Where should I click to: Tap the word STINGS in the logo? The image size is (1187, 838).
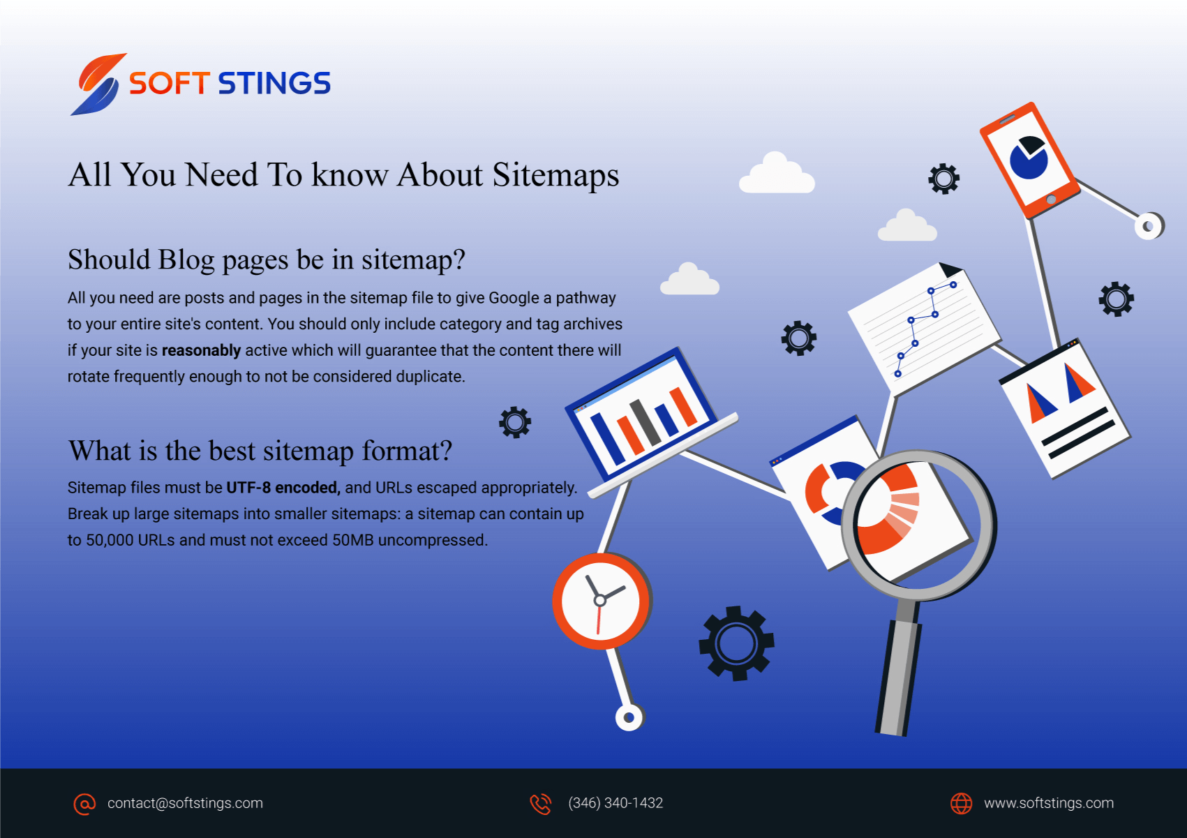[274, 83]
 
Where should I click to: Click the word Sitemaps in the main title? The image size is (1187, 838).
[555, 175]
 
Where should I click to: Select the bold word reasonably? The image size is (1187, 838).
[202, 351]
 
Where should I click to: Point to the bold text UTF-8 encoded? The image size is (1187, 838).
[283, 487]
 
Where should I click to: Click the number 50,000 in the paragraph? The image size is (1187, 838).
[110, 540]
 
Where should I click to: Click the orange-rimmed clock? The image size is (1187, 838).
[601, 601]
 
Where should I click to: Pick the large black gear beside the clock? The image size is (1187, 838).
[736, 643]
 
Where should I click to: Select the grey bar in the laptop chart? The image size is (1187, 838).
[645, 422]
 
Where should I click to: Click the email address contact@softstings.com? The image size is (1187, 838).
[185, 803]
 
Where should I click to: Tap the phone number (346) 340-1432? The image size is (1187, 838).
[615, 803]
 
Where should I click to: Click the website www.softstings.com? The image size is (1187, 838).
[1049, 803]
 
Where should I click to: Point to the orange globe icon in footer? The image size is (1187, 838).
[961, 803]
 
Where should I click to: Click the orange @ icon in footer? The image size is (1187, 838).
[84, 804]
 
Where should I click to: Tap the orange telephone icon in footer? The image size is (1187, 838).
[541, 804]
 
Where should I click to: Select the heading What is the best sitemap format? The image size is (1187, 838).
[260, 451]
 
